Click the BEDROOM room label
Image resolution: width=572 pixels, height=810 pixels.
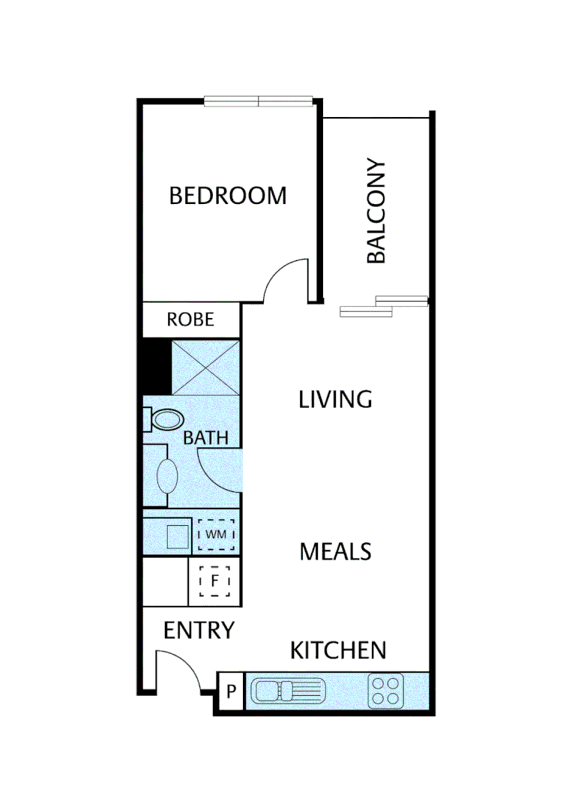[227, 196]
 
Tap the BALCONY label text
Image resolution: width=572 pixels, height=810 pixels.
[376, 211]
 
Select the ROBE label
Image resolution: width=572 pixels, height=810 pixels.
[190, 320]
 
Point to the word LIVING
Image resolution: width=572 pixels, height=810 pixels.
[335, 399]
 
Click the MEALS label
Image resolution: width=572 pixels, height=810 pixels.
[335, 552]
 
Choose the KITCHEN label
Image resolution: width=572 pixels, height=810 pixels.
[338, 650]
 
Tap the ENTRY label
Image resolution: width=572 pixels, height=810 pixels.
[199, 631]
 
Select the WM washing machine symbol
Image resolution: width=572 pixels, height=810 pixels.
[216, 535]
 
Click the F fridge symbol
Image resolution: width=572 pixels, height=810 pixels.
[214, 581]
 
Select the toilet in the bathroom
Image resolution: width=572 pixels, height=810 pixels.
[166, 420]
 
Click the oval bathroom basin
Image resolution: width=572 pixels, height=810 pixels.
[166, 475]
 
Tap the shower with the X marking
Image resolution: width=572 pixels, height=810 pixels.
[205, 367]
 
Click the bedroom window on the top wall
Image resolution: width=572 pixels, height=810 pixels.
[259, 101]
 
